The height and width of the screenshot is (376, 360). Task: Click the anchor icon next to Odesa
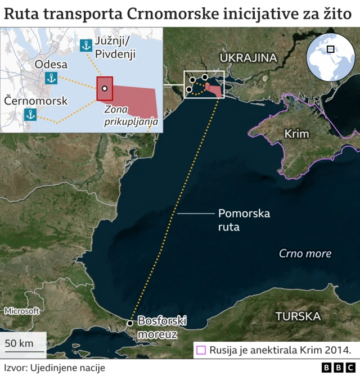point(51,78)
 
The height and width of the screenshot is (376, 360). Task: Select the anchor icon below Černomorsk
point(30,115)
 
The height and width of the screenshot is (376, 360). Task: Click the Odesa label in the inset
point(51,65)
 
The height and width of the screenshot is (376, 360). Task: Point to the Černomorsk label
point(35,101)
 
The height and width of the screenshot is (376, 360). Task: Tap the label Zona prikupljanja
point(130,116)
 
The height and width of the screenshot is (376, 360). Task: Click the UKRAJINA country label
point(249,58)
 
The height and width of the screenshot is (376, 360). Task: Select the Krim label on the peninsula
point(297,134)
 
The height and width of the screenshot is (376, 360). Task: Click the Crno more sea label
point(305,253)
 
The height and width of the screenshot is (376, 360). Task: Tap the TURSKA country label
point(298,316)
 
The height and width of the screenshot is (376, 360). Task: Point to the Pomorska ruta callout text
point(244,220)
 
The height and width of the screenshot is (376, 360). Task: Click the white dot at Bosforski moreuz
point(130,323)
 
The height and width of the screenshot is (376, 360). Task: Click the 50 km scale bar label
point(19,343)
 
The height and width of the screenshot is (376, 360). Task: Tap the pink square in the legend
point(201,350)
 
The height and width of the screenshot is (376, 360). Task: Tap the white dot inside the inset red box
point(105,89)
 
